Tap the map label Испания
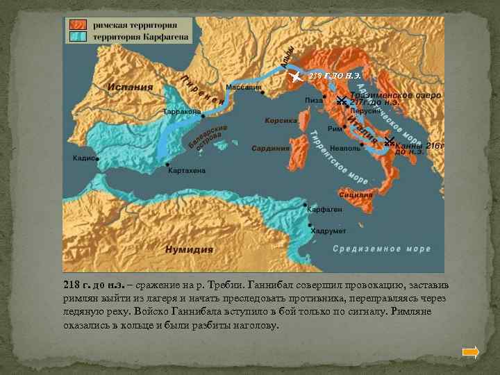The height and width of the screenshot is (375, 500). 130,87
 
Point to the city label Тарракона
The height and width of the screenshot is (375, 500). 182,111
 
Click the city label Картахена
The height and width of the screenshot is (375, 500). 185,171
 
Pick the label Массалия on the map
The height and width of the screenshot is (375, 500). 244,87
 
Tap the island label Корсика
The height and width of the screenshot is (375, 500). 281,120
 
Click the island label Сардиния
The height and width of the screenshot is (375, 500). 270,148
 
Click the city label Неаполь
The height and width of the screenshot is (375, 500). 345,149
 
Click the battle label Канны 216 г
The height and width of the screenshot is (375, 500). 418,148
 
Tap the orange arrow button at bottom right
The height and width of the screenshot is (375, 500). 470,352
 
